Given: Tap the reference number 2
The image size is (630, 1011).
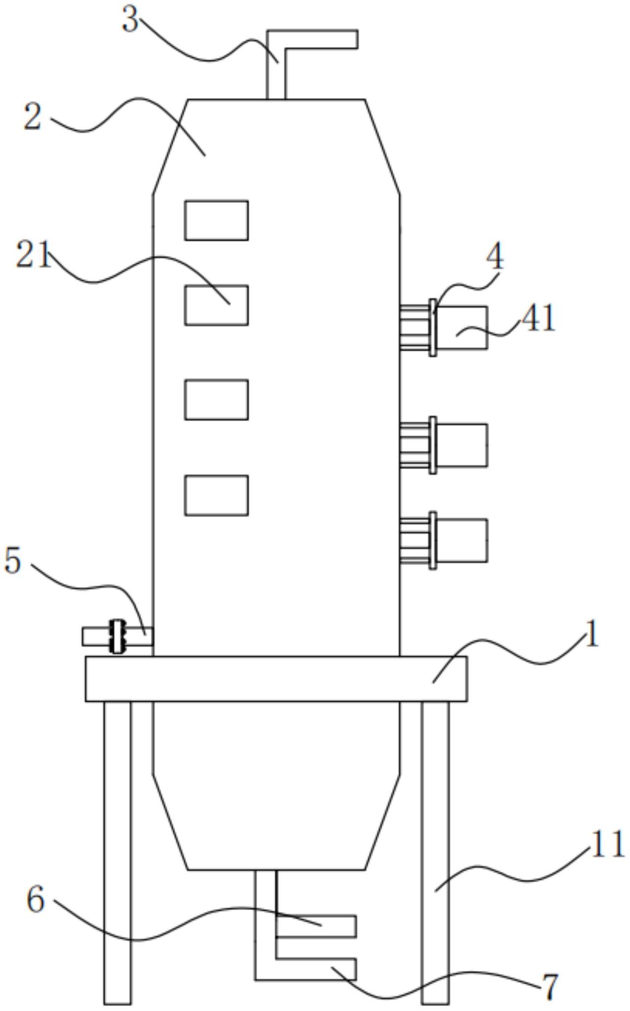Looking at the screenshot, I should tap(33, 117).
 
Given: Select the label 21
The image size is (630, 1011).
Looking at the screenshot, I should tap(34, 255).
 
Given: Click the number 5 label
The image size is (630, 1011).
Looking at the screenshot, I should tap(13, 561).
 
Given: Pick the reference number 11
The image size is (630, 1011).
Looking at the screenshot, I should tap(608, 844).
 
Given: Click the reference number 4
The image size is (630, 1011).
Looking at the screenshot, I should tap(495, 257).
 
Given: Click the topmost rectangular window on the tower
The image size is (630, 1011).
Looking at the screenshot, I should tap(217, 220).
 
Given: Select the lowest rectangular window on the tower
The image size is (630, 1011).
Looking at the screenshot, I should tap(217, 495).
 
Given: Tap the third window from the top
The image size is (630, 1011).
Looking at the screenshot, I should tap(217, 400).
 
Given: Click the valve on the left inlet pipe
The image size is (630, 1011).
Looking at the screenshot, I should tap(117, 636).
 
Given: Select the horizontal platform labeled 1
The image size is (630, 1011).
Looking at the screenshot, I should tap(276, 678).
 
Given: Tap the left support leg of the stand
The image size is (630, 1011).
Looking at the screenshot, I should tap(118, 851).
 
